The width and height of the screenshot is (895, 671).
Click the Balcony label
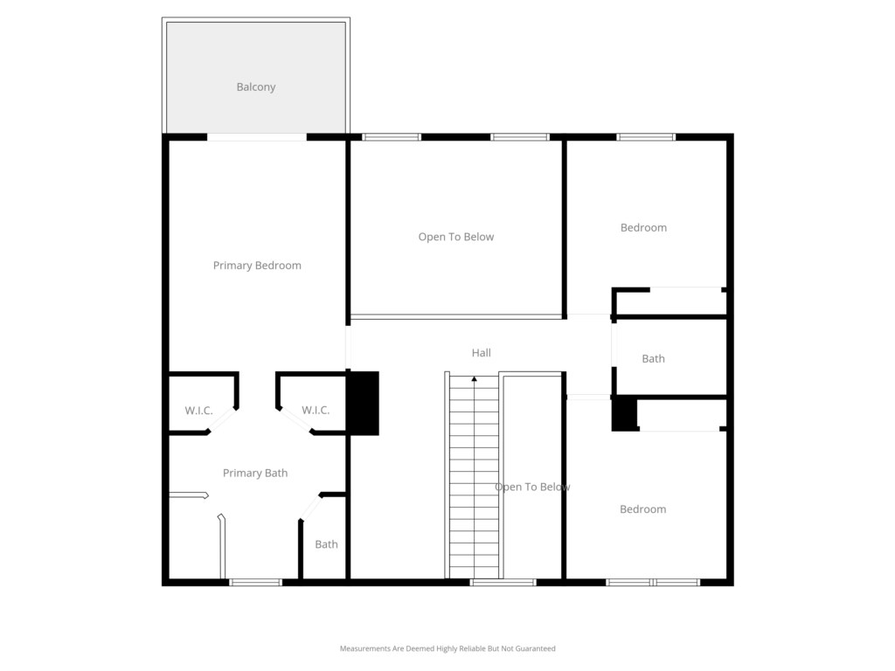(x=256, y=86)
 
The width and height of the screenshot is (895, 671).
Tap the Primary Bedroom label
(x=257, y=266)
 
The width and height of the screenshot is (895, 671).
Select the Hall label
(x=482, y=353)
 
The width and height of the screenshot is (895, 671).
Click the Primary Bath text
(x=255, y=473)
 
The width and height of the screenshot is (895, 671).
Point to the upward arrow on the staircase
(x=474, y=379)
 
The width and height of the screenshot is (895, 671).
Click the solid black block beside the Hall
(x=364, y=404)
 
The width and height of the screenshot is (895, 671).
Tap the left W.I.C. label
(x=198, y=411)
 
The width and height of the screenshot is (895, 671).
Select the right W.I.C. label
(x=316, y=411)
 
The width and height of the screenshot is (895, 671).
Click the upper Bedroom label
(x=643, y=228)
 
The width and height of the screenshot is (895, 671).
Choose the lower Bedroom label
(x=642, y=509)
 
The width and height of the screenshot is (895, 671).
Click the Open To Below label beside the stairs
(x=532, y=487)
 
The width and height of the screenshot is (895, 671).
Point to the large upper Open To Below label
(x=456, y=237)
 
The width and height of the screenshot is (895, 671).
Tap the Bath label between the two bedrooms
(x=653, y=359)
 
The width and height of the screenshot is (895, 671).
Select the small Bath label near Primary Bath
(x=327, y=544)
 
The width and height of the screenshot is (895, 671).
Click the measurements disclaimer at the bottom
(x=447, y=648)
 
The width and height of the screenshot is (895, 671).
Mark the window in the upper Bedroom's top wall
(x=646, y=137)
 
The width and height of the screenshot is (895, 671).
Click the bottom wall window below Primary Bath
(x=256, y=582)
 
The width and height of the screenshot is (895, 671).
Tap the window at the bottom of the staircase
(x=503, y=582)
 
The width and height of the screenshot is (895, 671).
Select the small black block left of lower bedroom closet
(x=624, y=413)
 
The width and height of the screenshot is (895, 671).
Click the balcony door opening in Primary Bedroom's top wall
(x=257, y=137)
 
